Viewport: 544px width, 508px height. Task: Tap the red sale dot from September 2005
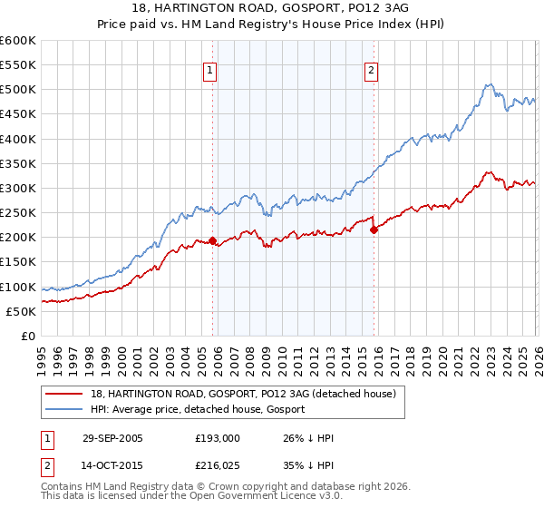[x=213, y=241]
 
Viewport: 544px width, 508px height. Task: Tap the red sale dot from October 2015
[x=374, y=230]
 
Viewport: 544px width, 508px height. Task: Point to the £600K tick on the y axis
[x=18, y=41]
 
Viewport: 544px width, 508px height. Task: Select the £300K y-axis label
[x=18, y=189]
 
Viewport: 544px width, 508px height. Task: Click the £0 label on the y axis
[x=29, y=336]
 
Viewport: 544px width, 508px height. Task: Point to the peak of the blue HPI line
[x=488, y=84]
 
